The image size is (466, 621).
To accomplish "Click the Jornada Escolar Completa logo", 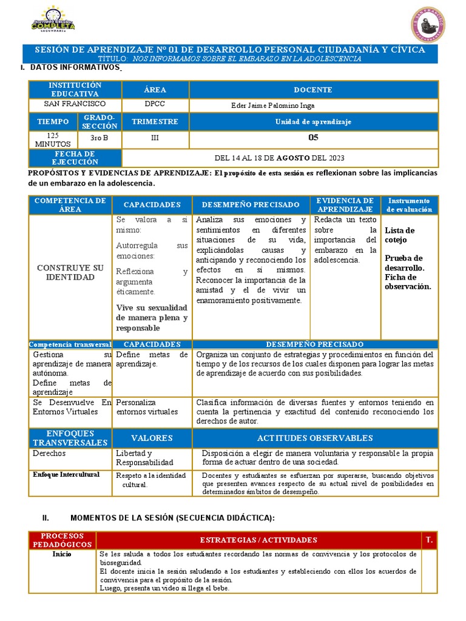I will click(53, 21).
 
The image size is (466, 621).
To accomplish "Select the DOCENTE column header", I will click(312, 90).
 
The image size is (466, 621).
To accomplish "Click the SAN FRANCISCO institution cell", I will click(75, 104).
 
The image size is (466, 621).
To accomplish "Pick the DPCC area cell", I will click(155, 104).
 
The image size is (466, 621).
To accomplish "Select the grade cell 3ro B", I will click(99, 138).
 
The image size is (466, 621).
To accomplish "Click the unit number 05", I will click(313, 138).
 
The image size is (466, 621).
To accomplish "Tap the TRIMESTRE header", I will click(155, 121).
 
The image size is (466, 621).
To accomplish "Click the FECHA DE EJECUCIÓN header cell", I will click(75, 158).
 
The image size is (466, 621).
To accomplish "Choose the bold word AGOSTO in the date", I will click(294, 158).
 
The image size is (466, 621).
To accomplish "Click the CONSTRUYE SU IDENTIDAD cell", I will click(70, 272).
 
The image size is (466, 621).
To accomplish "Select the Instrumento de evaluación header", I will click(409, 205).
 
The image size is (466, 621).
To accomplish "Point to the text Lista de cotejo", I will click(399, 235).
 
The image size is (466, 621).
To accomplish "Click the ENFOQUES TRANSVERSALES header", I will click(70, 438).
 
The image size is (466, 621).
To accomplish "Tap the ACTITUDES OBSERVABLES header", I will click(314, 438).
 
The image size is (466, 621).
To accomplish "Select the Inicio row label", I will click(62, 554).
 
